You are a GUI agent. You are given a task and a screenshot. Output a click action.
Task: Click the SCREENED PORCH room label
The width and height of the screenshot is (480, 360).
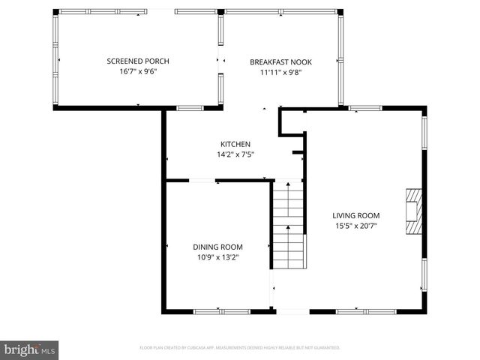pos(137,61)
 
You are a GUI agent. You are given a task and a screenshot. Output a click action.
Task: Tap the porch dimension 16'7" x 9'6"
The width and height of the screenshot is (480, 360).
pos(137,71)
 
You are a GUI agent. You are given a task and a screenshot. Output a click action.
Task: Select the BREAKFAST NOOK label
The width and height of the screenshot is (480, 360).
pos(280,62)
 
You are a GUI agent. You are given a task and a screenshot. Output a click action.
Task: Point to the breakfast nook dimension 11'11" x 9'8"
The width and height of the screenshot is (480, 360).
pos(280,73)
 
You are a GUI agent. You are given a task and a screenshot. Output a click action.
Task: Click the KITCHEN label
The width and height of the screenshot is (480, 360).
pos(235,144)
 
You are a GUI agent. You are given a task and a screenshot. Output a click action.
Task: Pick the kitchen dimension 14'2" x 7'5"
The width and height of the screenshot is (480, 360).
pos(235,155)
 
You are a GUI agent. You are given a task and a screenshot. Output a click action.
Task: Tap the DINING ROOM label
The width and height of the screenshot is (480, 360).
pos(217,247)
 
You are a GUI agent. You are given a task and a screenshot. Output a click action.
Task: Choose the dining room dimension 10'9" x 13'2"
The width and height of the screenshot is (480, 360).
pos(217,257)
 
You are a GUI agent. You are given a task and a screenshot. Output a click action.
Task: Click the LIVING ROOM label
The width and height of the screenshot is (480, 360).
pos(356,215)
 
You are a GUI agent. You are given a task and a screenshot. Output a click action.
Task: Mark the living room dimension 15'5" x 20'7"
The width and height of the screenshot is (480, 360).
pos(356,226)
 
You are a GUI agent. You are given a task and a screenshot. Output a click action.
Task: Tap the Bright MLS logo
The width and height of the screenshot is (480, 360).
pos(29,349)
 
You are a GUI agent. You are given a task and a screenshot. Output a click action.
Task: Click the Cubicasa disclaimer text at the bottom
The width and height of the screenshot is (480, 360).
pos(240,348)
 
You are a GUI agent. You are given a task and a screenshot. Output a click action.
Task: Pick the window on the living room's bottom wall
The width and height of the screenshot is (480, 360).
pos(355,311)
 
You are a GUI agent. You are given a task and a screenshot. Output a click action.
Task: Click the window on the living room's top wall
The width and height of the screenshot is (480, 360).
pos(365,109)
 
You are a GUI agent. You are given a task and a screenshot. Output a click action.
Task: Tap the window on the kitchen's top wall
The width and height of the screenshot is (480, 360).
pos(190,109)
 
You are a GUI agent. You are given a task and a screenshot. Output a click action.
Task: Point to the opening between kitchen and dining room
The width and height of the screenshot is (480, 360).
pos(202,180)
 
